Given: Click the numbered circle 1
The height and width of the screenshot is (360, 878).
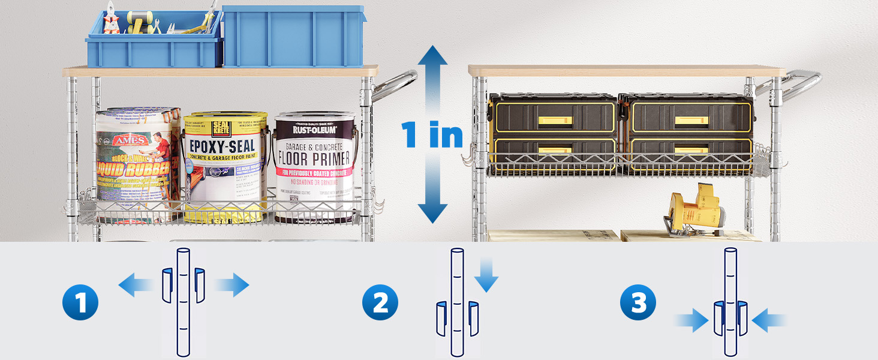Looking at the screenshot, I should tap(80, 304).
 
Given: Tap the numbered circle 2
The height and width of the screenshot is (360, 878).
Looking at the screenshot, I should tap(380, 304).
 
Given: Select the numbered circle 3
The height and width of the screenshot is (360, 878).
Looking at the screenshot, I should tap(638, 304).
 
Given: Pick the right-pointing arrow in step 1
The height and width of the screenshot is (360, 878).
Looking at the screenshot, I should tap(233, 284).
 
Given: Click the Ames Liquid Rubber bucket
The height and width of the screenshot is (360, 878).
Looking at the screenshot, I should tap(137, 162).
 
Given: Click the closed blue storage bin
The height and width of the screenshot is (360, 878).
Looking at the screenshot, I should tap(293, 36).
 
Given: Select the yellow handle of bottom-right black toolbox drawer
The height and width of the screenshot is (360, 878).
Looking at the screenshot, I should tap(690, 151).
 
